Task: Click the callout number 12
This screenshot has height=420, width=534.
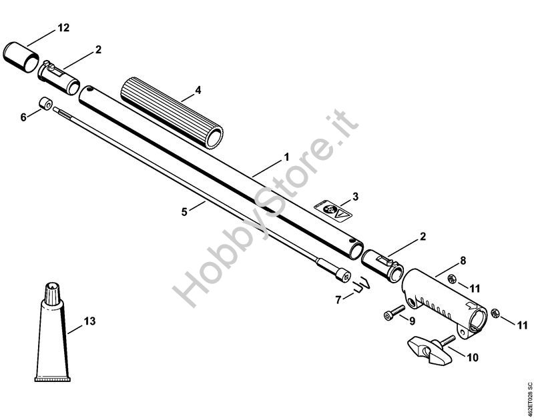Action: point(63,28)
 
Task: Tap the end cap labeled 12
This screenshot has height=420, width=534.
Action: point(21,57)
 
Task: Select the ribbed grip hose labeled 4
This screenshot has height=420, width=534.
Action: point(172,113)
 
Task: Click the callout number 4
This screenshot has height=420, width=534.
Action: point(198,91)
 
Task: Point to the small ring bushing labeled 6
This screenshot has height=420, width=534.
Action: point(45,103)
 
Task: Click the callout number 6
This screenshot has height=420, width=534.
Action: point(23,118)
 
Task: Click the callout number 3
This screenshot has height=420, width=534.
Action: point(356,197)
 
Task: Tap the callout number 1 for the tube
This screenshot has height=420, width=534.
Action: point(287,157)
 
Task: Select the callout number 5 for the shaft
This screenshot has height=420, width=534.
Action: point(184,212)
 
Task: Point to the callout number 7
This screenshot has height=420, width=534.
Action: point(338,300)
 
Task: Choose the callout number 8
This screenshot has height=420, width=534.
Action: point(463,261)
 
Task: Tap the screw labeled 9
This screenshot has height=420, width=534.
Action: point(394,313)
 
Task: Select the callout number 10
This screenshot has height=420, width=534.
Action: point(473,357)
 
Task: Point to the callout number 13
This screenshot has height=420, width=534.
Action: point(90,321)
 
